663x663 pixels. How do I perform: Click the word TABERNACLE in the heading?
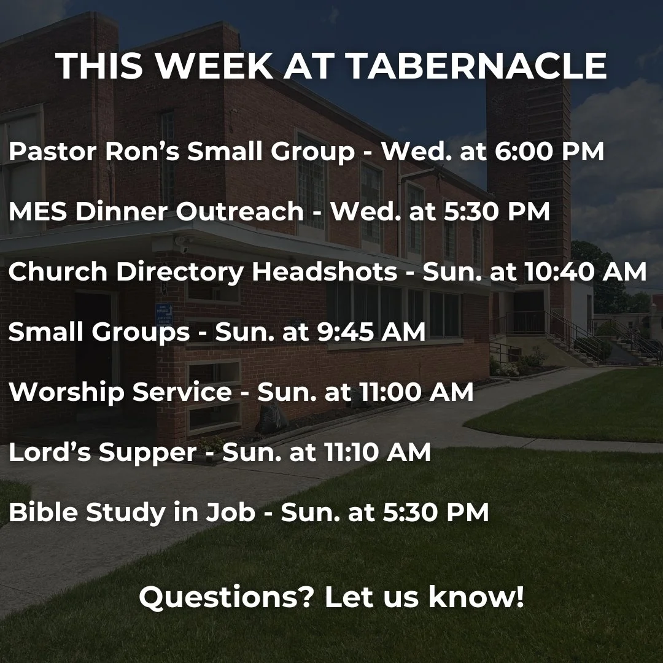click(478, 66)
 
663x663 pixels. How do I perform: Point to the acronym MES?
click(36, 212)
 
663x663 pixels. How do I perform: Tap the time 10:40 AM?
click(586, 272)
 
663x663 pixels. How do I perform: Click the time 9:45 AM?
click(389, 332)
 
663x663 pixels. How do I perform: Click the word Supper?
click(147, 452)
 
